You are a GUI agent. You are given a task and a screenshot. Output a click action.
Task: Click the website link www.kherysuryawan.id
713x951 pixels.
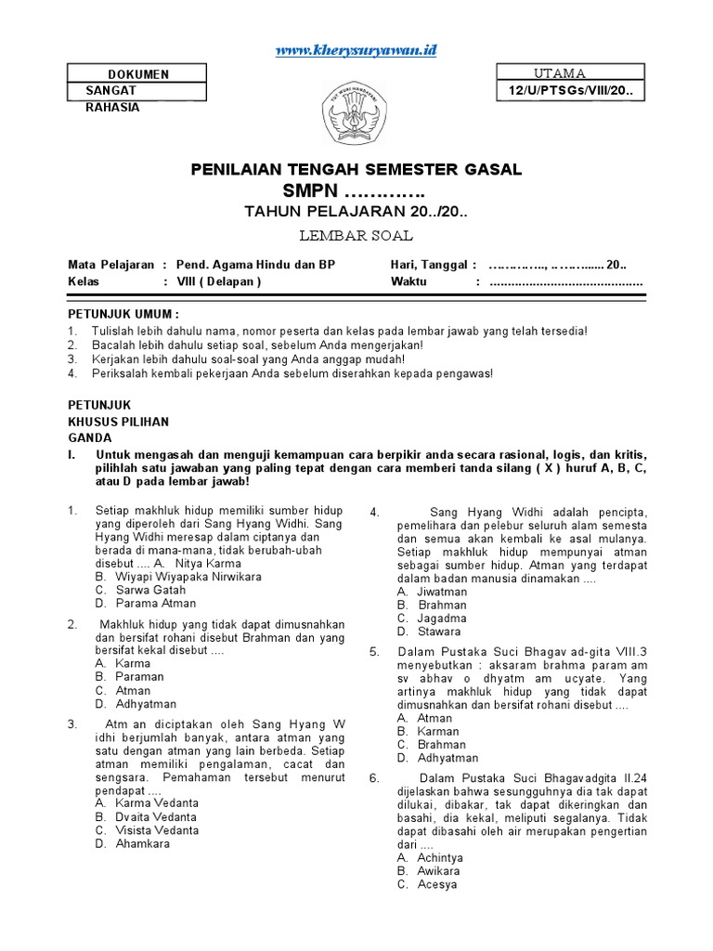[x=356, y=50]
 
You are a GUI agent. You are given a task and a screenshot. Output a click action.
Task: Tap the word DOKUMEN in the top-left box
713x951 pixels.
[x=138, y=74]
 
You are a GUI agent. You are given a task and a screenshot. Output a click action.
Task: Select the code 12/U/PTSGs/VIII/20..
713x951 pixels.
[x=570, y=90]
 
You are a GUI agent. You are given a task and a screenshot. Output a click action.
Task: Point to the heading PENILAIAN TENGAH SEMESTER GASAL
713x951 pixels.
[x=356, y=169]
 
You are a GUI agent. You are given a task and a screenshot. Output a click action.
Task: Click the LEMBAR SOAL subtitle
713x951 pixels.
[x=356, y=235]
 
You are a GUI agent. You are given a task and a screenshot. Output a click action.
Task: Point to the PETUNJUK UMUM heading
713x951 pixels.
[x=123, y=314]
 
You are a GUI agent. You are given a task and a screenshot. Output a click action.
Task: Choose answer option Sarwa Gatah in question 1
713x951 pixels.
[x=150, y=590]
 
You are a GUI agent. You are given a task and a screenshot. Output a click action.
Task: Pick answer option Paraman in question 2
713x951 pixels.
[x=139, y=677]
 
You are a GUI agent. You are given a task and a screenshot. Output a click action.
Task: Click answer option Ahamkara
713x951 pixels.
[x=143, y=844]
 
